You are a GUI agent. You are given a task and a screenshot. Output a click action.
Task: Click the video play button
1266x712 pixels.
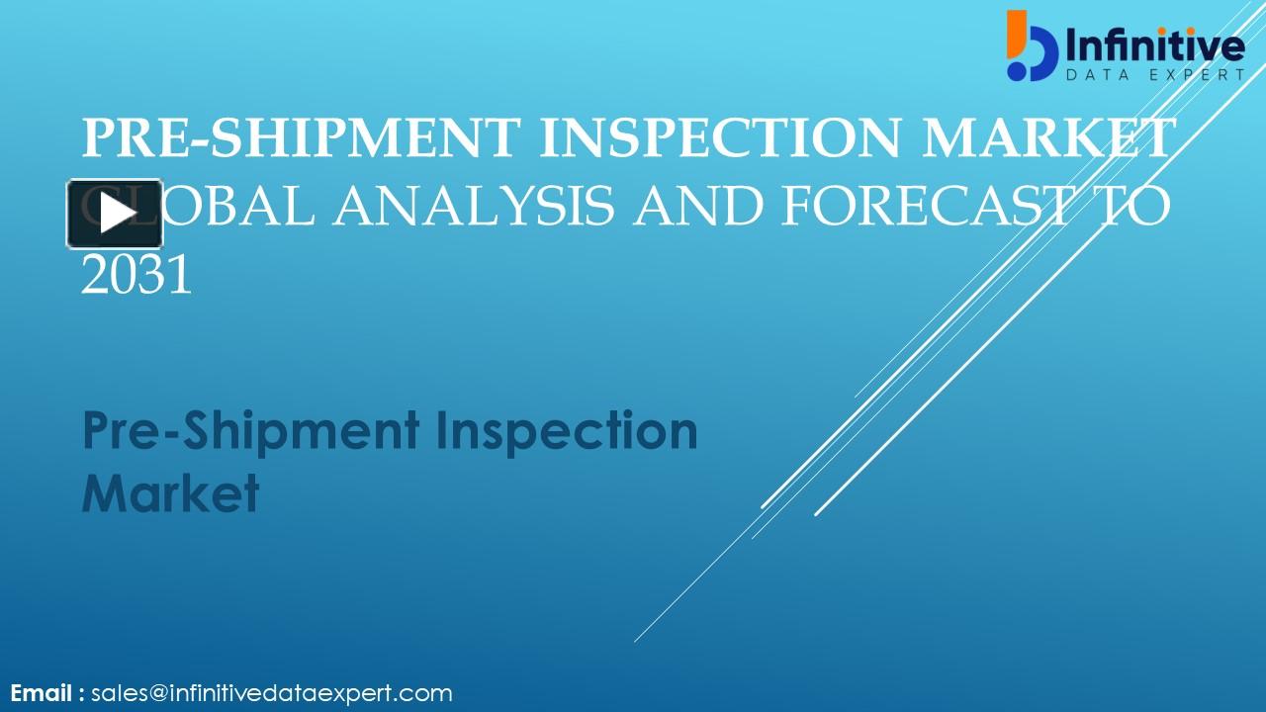point(115,214)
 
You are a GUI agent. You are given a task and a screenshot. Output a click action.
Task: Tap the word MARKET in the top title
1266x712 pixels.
point(1049,137)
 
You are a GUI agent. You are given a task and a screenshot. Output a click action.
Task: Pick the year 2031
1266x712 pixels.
point(136,276)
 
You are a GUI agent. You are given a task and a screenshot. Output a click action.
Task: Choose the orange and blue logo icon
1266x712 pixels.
point(1031,45)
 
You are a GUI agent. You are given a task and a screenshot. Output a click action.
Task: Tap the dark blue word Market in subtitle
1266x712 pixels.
point(170,492)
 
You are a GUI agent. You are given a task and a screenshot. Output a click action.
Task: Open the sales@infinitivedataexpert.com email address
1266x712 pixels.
point(272,693)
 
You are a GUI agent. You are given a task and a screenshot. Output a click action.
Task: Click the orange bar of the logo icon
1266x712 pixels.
point(1014,33)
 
